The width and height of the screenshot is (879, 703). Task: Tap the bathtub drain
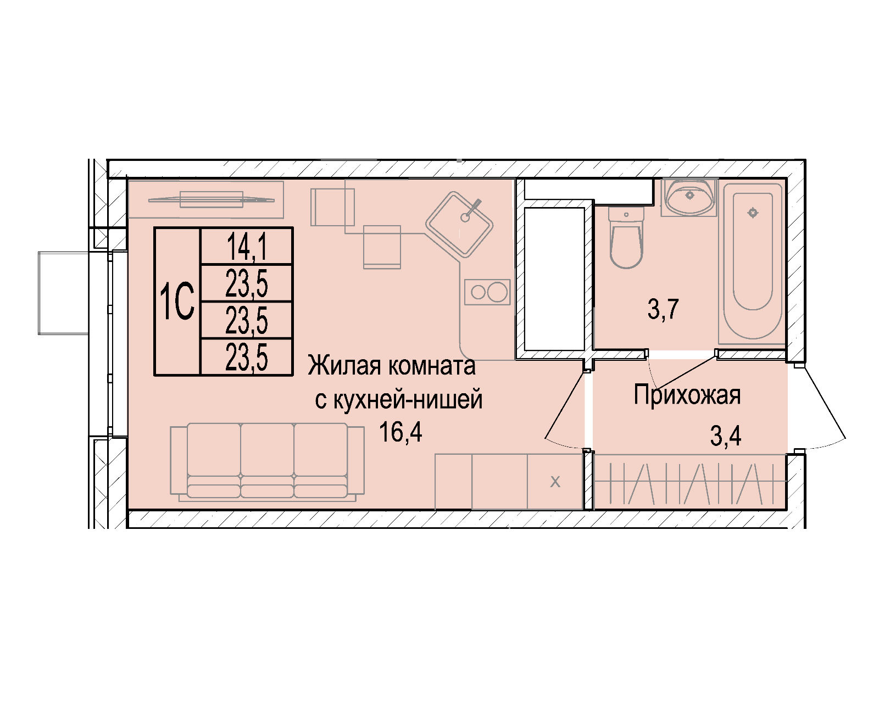(x=753, y=213)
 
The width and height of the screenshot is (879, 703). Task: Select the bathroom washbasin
(x=689, y=197)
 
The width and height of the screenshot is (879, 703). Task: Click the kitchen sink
(x=459, y=224)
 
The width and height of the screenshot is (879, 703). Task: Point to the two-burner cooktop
(x=487, y=292)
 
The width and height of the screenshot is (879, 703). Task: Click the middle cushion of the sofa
(x=267, y=460)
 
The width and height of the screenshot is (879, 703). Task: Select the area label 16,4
(x=400, y=432)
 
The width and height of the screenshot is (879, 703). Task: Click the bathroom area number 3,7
(x=663, y=309)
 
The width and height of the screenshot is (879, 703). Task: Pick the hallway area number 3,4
(x=726, y=436)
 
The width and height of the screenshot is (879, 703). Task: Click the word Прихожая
(x=687, y=395)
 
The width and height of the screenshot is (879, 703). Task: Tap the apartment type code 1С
(x=177, y=302)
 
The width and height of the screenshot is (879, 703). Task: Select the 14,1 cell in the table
(x=247, y=246)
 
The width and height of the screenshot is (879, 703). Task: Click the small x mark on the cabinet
(x=555, y=482)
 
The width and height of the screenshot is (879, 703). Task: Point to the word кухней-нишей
(x=408, y=399)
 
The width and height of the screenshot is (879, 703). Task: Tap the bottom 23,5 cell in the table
(x=247, y=357)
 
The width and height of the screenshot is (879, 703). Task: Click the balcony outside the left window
(x=64, y=293)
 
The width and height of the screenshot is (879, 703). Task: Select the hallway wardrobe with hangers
(x=690, y=482)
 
